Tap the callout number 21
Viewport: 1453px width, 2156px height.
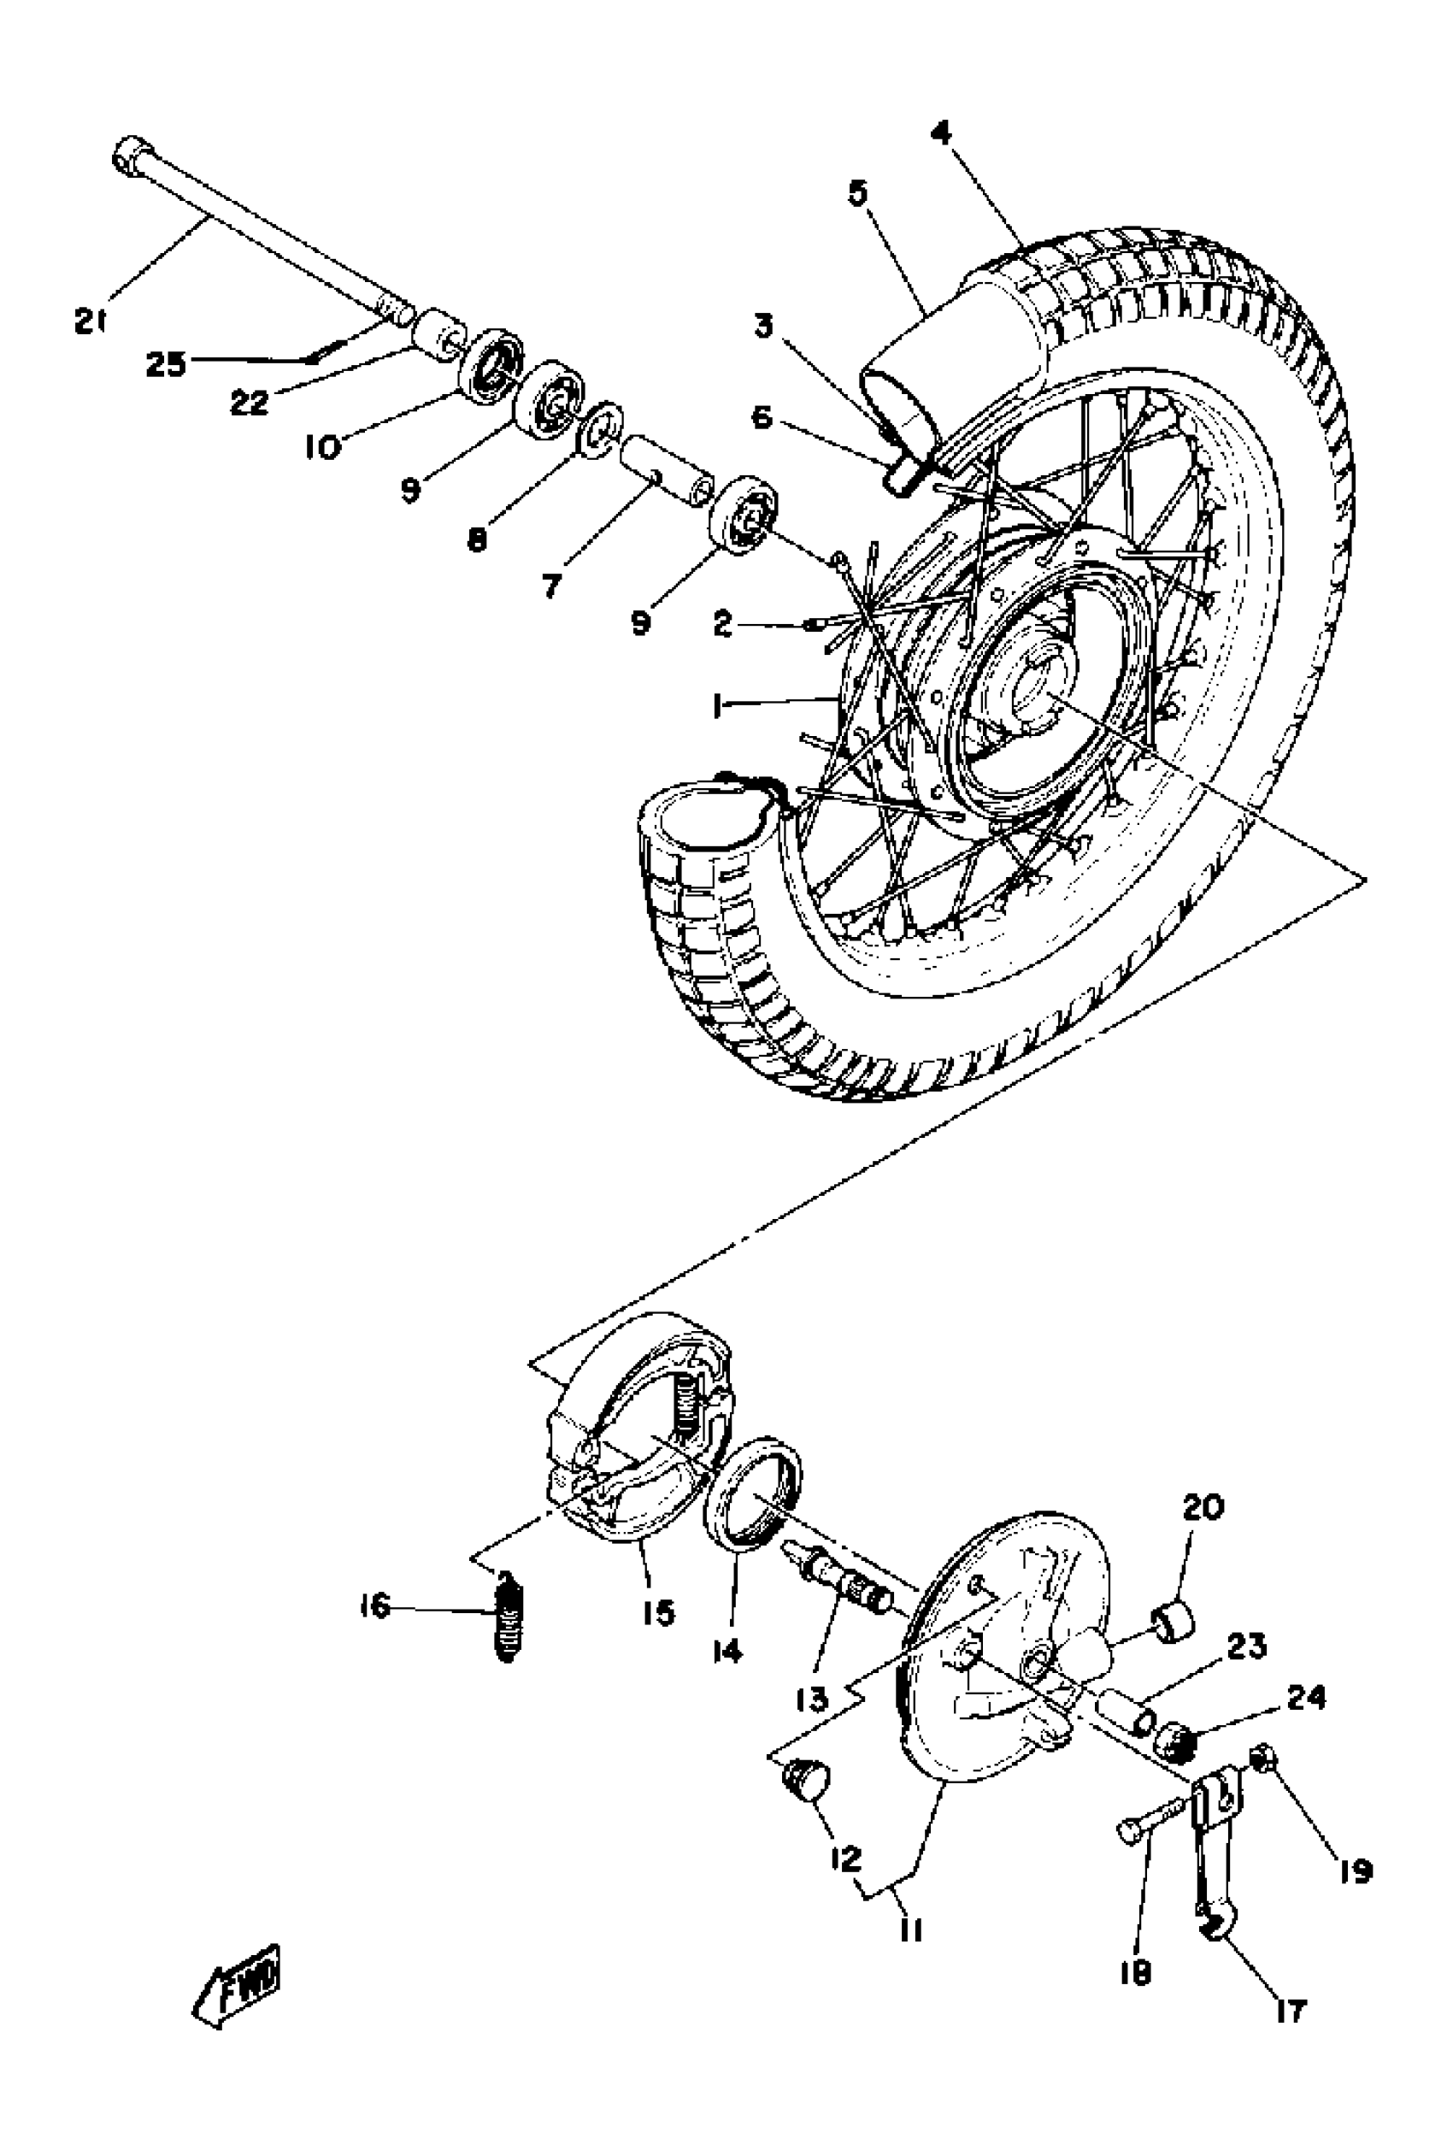(x=90, y=321)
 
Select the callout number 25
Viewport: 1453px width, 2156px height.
(x=166, y=364)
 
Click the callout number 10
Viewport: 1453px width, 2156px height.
(x=323, y=448)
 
